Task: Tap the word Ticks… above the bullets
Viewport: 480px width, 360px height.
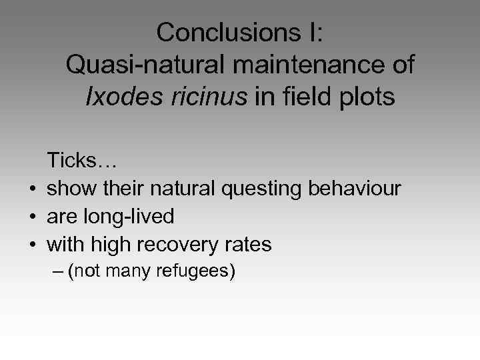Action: coord(82,160)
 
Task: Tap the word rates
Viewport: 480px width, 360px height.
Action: coord(249,245)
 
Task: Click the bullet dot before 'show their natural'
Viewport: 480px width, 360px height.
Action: coord(31,189)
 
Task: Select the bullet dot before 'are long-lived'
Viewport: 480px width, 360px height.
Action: coord(31,217)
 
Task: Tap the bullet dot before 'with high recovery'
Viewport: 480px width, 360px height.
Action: coord(31,245)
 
